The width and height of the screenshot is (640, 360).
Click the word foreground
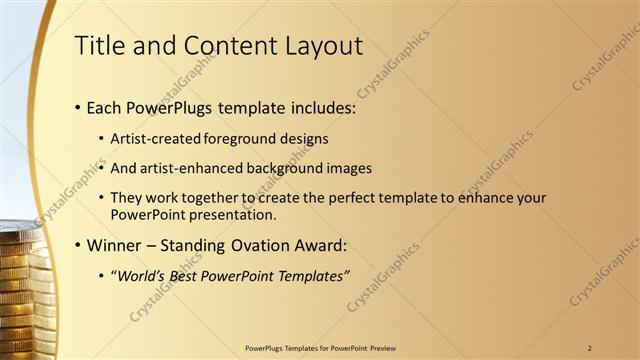(x=243, y=138)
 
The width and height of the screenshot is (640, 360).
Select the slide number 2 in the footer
(x=590, y=347)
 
